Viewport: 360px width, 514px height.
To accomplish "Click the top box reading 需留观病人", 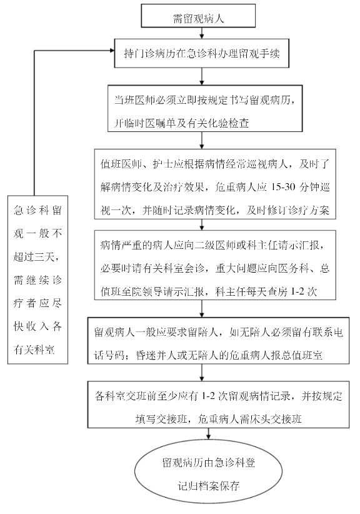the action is (x=198, y=16).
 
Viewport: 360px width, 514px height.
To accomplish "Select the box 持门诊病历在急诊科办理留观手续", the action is (x=201, y=53).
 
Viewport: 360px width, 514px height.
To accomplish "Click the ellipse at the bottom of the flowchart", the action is (x=208, y=474).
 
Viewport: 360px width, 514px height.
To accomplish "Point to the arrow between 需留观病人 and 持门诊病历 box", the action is (x=202, y=33).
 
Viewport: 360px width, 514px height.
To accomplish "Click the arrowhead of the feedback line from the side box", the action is (x=112, y=51).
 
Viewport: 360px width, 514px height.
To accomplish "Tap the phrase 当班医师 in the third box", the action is (x=135, y=100).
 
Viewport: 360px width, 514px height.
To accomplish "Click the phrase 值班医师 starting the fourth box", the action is (x=121, y=164).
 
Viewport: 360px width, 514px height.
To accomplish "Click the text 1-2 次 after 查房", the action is (x=304, y=291).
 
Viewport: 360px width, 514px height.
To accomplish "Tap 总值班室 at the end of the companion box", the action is (x=302, y=355).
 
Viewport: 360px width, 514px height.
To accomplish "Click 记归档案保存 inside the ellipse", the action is (x=208, y=485).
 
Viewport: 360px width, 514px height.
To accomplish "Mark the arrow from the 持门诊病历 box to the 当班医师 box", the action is (x=202, y=76).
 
